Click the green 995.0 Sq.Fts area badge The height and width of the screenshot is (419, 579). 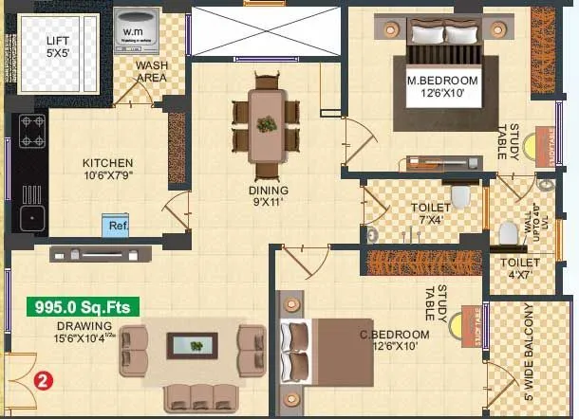click(x=84, y=307)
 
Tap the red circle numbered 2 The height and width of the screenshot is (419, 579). click(x=42, y=381)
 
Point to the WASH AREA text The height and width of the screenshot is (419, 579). click(x=153, y=72)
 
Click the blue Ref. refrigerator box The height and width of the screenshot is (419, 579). click(x=117, y=226)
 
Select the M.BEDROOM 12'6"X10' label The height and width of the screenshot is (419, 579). click(x=442, y=88)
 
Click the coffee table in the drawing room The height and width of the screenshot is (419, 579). click(x=197, y=345)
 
